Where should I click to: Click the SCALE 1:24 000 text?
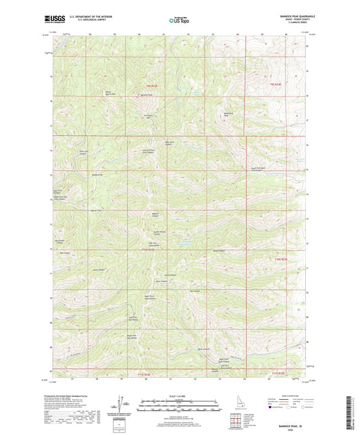point(180,396)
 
